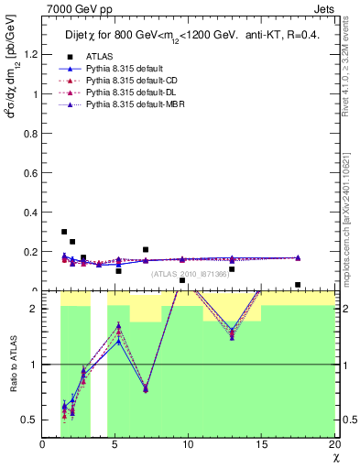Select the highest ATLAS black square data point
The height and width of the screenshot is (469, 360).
(x=64, y=233)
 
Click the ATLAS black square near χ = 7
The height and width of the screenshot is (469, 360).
(x=146, y=249)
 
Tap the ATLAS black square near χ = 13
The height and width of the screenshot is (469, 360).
(x=232, y=268)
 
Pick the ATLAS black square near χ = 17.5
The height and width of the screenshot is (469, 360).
(x=298, y=285)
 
